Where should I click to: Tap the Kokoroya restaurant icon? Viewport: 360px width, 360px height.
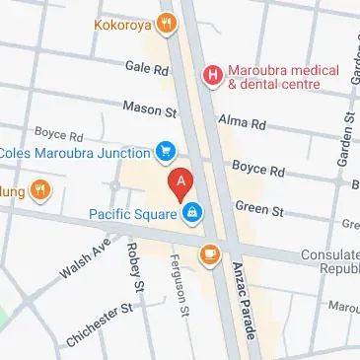coord(168,22)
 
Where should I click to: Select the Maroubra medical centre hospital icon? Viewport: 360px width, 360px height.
coord(210,75)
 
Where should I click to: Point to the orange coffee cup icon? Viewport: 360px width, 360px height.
coord(209,254)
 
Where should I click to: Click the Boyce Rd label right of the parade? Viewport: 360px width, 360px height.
coord(257,169)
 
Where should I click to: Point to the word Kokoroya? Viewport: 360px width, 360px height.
coord(122,22)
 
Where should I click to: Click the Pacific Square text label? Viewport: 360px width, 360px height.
coord(133,211)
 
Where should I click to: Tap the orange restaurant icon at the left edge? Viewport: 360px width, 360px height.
coord(40,189)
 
